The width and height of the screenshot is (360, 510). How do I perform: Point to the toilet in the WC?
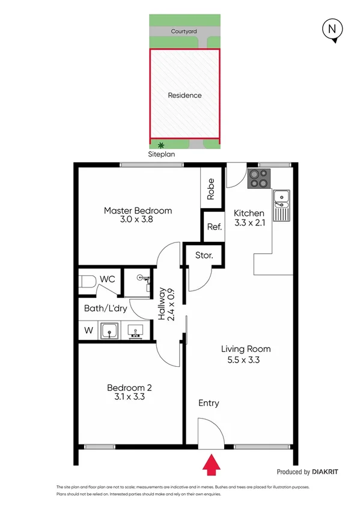[88, 281]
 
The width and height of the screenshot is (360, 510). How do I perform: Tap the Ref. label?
[214, 227]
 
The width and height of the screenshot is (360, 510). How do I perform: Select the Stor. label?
[204, 256]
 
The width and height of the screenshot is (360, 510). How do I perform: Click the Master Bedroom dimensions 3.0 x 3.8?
[138, 221]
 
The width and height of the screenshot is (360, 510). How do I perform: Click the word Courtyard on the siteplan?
[185, 30]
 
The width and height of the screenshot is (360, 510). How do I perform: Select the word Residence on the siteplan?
[185, 95]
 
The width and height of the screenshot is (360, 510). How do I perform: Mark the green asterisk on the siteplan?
[160, 144]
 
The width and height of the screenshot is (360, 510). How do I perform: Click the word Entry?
[209, 403]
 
